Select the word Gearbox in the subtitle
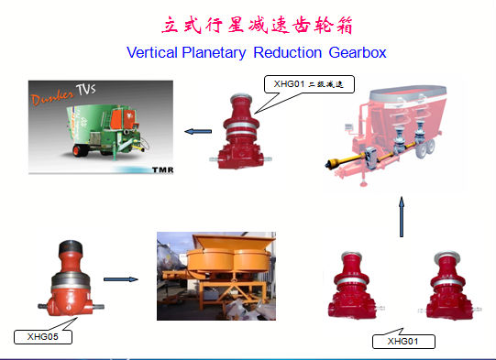tap(346, 54)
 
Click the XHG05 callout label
tap(43, 336)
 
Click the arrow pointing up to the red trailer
tap(401, 218)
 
